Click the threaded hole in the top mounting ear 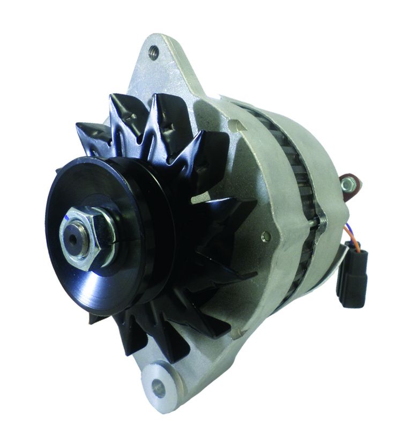tap(154, 52)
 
